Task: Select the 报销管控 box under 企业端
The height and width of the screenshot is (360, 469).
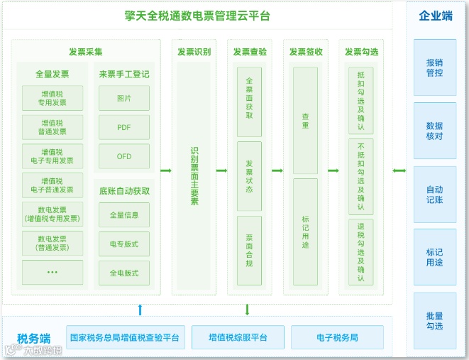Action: (x=435, y=67)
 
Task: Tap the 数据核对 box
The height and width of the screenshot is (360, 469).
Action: (x=435, y=131)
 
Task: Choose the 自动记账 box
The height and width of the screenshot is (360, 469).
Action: (x=435, y=195)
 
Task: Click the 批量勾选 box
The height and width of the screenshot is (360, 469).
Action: (x=435, y=321)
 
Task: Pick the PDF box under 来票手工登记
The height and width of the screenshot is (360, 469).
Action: (x=124, y=128)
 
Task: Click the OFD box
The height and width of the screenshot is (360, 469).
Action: (x=124, y=157)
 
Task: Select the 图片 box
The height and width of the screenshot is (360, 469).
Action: (x=124, y=99)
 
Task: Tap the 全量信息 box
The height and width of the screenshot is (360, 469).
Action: (x=124, y=214)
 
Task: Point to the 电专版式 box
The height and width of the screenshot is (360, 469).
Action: (x=124, y=244)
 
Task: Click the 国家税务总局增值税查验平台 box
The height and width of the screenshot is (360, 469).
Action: (x=125, y=337)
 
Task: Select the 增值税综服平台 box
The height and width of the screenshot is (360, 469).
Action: (x=238, y=337)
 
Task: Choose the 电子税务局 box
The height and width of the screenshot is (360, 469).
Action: (x=337, y=337)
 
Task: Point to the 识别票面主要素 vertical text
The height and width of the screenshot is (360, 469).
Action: (x=194, y=176)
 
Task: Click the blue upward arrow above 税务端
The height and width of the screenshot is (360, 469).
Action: (x=140, y=309)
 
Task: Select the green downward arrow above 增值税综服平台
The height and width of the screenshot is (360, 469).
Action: (x=247, y=309)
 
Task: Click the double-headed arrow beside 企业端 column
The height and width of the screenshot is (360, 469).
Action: (x=399, y=170)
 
